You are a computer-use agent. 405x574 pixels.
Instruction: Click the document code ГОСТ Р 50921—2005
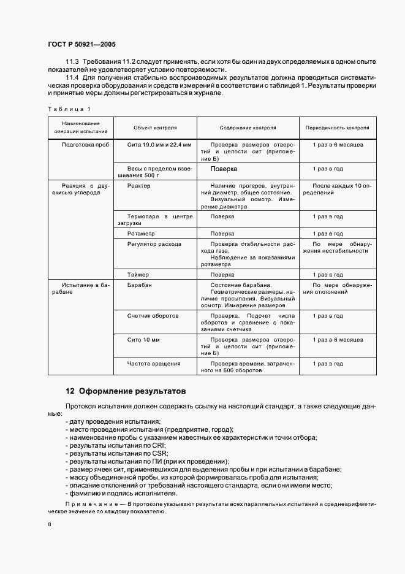pyautogui.click(x=81, y=45)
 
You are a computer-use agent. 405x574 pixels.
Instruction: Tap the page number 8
pyautogui.click(x=50, y=525)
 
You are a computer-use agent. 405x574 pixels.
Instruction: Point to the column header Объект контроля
pyautogui.click(x=155, y=128)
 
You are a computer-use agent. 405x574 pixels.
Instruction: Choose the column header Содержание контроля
pyautogui.click(x=248, y=128)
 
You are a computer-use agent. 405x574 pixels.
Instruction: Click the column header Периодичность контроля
pyautogui.click(x=337, y=128)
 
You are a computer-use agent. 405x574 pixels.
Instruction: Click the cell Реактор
pyautogui.click(x=138, y=185)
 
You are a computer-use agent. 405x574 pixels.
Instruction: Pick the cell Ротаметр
pyautogui.click(x=141, y=234)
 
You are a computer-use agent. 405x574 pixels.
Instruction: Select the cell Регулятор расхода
pyautogui.click(x=154, y=243)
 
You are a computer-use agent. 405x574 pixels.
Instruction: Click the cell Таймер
pyautogui.click(x=138, y=275)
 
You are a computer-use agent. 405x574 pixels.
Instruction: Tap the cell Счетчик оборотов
pyautogui.click(x=153, y=316)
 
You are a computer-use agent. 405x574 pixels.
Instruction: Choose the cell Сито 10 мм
pyautogui.click(x=143, y=339)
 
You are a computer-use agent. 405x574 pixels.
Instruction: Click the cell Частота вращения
pyautogui.click(x=153, y=364)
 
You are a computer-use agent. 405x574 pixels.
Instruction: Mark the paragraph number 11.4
pyautogui.click(x=72, y=78)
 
